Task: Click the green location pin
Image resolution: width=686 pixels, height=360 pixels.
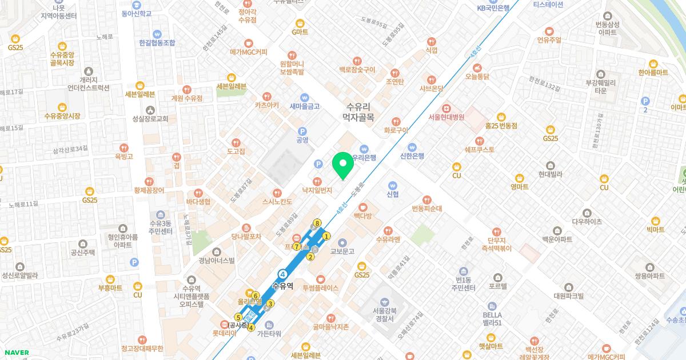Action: point(342,165)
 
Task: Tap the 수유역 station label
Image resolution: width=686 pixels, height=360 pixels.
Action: point(283,286)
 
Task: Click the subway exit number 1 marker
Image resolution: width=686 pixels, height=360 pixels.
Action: point(326,236)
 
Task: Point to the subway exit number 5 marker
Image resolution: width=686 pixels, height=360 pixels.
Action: point(238,317)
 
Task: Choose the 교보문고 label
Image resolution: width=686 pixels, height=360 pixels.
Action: point(342,251)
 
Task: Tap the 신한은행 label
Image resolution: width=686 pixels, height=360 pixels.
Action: point(412,156)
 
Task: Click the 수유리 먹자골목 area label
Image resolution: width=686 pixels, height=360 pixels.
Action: point(358,111)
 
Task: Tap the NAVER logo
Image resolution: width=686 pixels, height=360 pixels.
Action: point(16,353)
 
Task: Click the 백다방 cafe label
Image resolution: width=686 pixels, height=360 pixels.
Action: point(362,215)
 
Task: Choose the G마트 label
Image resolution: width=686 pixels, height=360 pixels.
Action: point(300,31)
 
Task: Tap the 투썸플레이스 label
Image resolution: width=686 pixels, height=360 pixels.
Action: point(320,288)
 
